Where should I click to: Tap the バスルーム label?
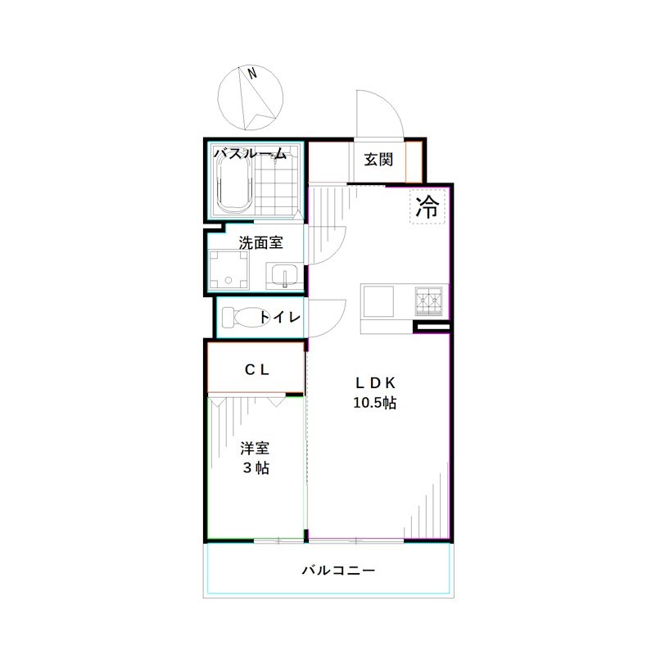251,152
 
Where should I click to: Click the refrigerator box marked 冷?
427,206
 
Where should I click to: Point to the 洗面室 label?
260,242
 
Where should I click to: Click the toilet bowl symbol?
237,317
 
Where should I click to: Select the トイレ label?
281,318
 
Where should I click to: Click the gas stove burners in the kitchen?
430,301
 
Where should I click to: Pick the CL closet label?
257,369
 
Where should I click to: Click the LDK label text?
376,382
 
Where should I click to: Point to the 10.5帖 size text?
376,403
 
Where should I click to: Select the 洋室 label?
255,448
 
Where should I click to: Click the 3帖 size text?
256,468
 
